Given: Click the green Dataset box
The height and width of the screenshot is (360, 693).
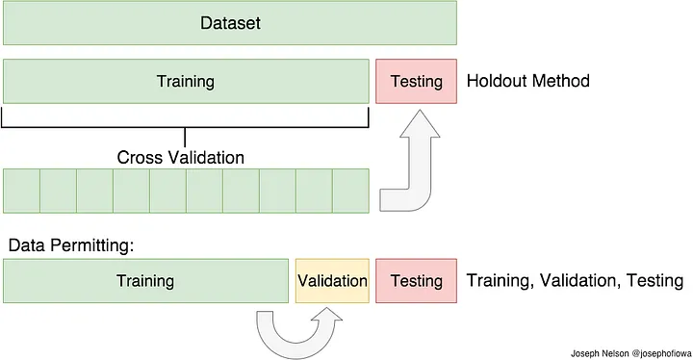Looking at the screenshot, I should click(230, 22).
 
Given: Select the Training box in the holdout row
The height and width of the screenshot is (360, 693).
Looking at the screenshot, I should click(186, 81).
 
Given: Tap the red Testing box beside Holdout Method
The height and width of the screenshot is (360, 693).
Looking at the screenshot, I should click(416, 81).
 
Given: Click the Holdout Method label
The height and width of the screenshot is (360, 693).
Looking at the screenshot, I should click(527, 81).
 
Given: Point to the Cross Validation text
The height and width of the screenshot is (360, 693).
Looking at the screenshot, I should click(181, 157).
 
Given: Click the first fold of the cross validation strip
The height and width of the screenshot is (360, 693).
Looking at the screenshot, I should click(21, 191).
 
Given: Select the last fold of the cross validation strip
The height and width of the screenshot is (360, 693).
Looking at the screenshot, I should click(350, 191).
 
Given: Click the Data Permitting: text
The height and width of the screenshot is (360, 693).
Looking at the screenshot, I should click(70, 245).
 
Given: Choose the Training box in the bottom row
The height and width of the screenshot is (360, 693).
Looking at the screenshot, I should click(145, 281).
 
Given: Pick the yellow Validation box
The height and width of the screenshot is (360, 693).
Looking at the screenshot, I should click(332, 281).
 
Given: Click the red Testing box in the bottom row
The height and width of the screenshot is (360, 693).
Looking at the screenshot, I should click(416, 281).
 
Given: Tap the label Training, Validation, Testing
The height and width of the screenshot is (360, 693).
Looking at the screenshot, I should click(575, 281).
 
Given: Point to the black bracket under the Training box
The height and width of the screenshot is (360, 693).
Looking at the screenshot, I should click(185, 126).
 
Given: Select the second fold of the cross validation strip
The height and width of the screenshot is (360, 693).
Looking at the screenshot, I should click(58, 191).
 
